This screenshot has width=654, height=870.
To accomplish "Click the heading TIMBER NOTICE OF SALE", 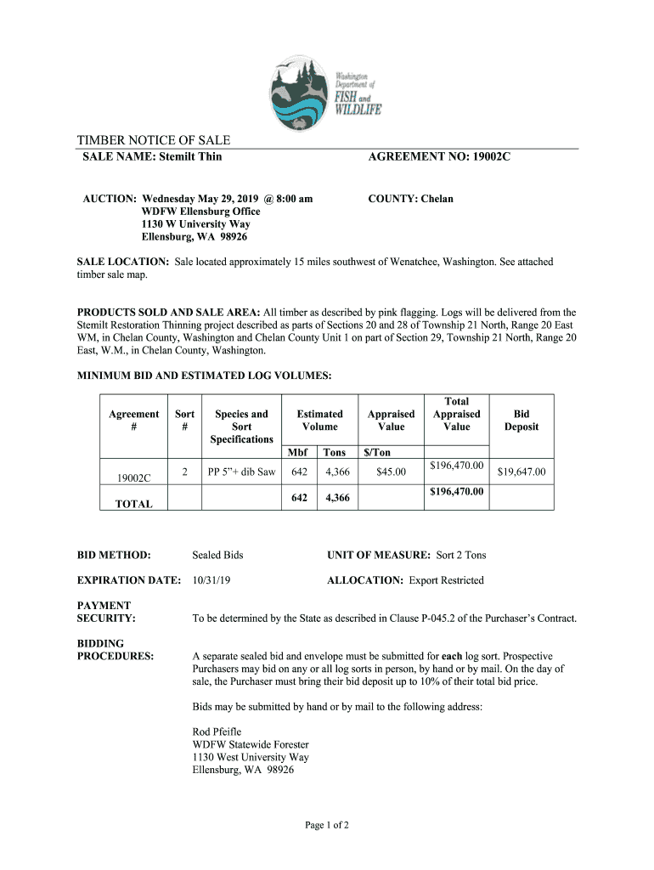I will pos(154,140).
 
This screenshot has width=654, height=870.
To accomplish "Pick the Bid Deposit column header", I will pos(522,421).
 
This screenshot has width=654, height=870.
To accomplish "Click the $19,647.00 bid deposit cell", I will pos(522,472).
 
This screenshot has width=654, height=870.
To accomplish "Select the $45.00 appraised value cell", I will pos(391,472).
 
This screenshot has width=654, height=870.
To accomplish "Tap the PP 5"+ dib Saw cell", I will pos(242,472).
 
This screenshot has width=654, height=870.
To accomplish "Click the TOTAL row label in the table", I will pos(133,504).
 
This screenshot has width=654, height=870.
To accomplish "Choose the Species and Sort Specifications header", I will pos(242,427).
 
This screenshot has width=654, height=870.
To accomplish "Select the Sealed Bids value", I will pos(217,555).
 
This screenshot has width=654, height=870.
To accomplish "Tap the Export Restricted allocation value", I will pos(446,580).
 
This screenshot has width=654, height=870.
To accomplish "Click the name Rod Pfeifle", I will pos(217,732).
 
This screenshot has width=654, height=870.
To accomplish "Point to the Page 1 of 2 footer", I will pos(327,825).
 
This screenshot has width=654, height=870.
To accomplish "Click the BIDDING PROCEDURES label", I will pos(115,650).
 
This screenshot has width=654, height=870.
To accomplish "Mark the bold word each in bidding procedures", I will pos(452,656).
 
